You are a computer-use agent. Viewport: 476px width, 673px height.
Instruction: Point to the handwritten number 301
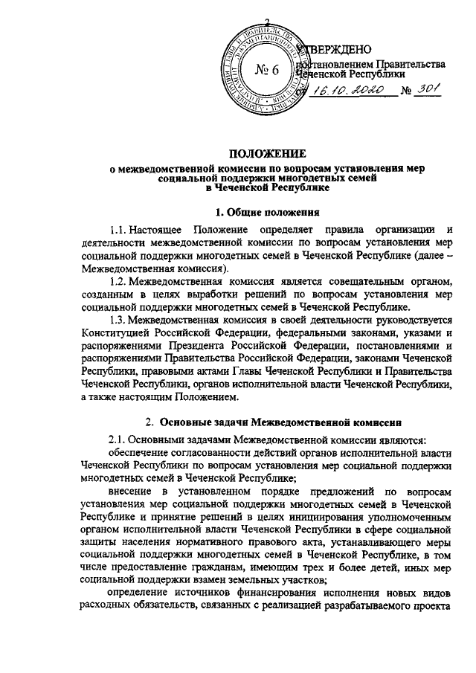coord(430,90)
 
